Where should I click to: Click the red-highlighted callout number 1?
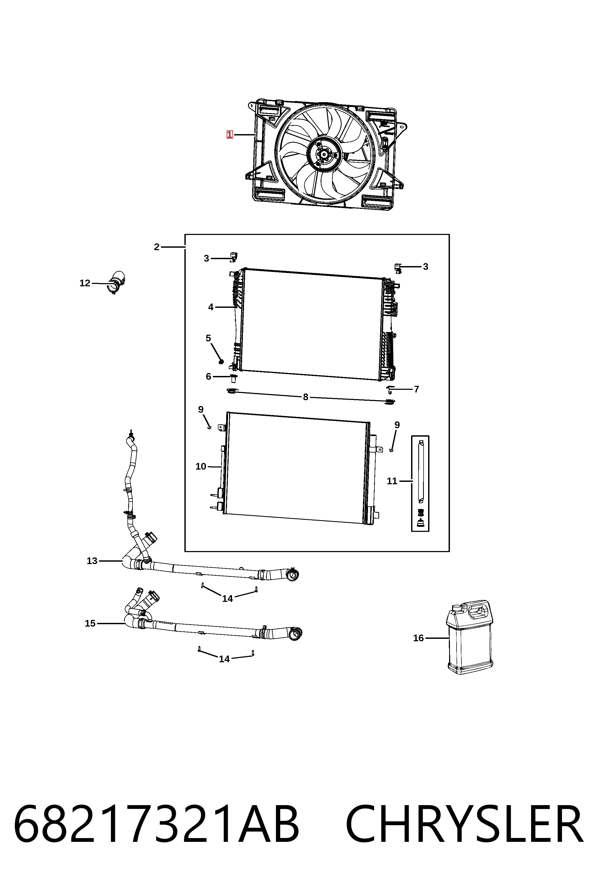point(230,135)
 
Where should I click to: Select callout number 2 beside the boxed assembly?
point(157,247)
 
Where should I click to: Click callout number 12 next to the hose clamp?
point(85,283)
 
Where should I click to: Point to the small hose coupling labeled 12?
point(116,283)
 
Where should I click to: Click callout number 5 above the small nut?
point(208,338)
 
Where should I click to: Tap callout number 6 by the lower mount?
point(208,377)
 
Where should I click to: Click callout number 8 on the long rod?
point(306,397)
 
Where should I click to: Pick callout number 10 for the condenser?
point(201,466)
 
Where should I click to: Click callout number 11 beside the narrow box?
point(392,481)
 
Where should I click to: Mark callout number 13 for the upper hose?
point(92,561)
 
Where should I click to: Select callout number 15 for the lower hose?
point(90,624)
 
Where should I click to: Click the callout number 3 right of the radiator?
point(426,267)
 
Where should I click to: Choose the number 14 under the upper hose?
point(227,599)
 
